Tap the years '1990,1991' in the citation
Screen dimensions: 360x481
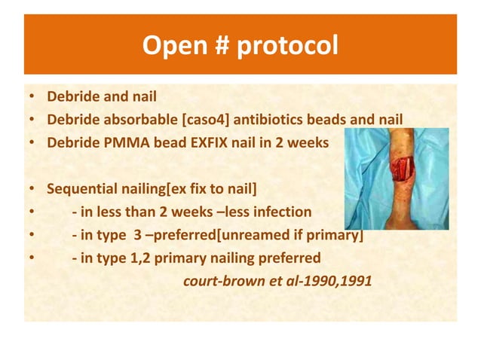340,283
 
